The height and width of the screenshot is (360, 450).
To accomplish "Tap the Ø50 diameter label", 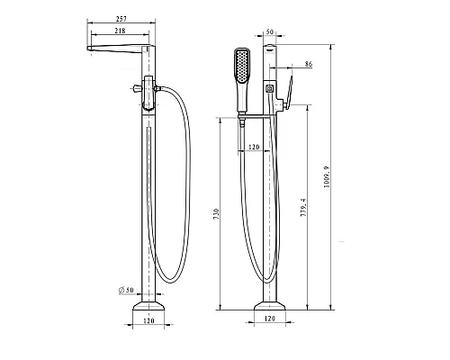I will pos(126,290).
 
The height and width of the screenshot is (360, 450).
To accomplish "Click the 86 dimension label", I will pos(309,66).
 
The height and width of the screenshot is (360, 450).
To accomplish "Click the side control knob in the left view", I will pos(135,88).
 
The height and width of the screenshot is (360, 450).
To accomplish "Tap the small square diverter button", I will pos(268,88).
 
